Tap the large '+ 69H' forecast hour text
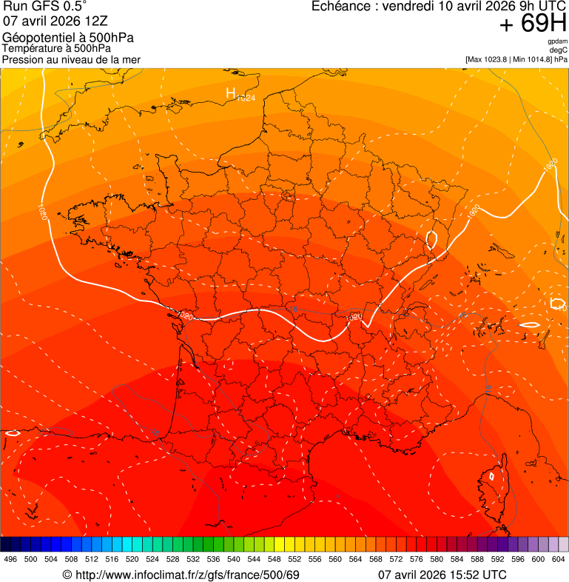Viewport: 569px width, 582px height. click(x=533, y=24)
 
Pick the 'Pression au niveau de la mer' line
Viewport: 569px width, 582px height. click(x=71, y=59)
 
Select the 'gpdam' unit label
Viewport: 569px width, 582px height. click(x=557, y=41)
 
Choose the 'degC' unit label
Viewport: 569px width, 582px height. click(x=558, y=50)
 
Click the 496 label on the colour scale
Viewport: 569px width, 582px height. click(x=10, y=558)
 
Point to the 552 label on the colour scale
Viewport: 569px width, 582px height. click(x=294, y=558)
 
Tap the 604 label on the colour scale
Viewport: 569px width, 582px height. click(x=559, y=558)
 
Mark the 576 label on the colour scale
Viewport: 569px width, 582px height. click(x=417, y=558)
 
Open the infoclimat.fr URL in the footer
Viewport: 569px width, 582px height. click(x=188, y=575)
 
